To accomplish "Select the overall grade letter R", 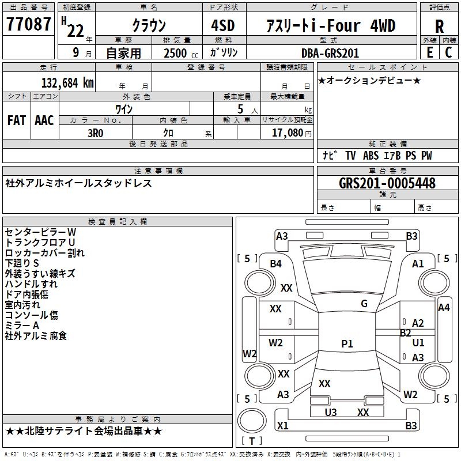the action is [440, 26].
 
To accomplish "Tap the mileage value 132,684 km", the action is [67, 82].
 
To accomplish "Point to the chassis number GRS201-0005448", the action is [387, 183].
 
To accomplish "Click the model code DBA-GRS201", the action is [330, 53].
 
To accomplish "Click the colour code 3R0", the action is [95, 132].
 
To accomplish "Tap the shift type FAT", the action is [16, 120].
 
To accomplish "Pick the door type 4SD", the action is [224, 26].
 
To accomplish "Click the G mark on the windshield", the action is [364, 304].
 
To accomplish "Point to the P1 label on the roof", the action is [347, 344].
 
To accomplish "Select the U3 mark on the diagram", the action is [330, 412].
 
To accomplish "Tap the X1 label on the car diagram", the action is [282, 426].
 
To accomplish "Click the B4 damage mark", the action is [276, 264].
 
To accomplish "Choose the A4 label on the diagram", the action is [444, 308].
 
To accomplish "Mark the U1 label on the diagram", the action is [418, 343].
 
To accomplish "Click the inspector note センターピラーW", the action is [40, 232].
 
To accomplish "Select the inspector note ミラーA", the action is [22, 325].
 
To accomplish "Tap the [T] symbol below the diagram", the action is [252, 441].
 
